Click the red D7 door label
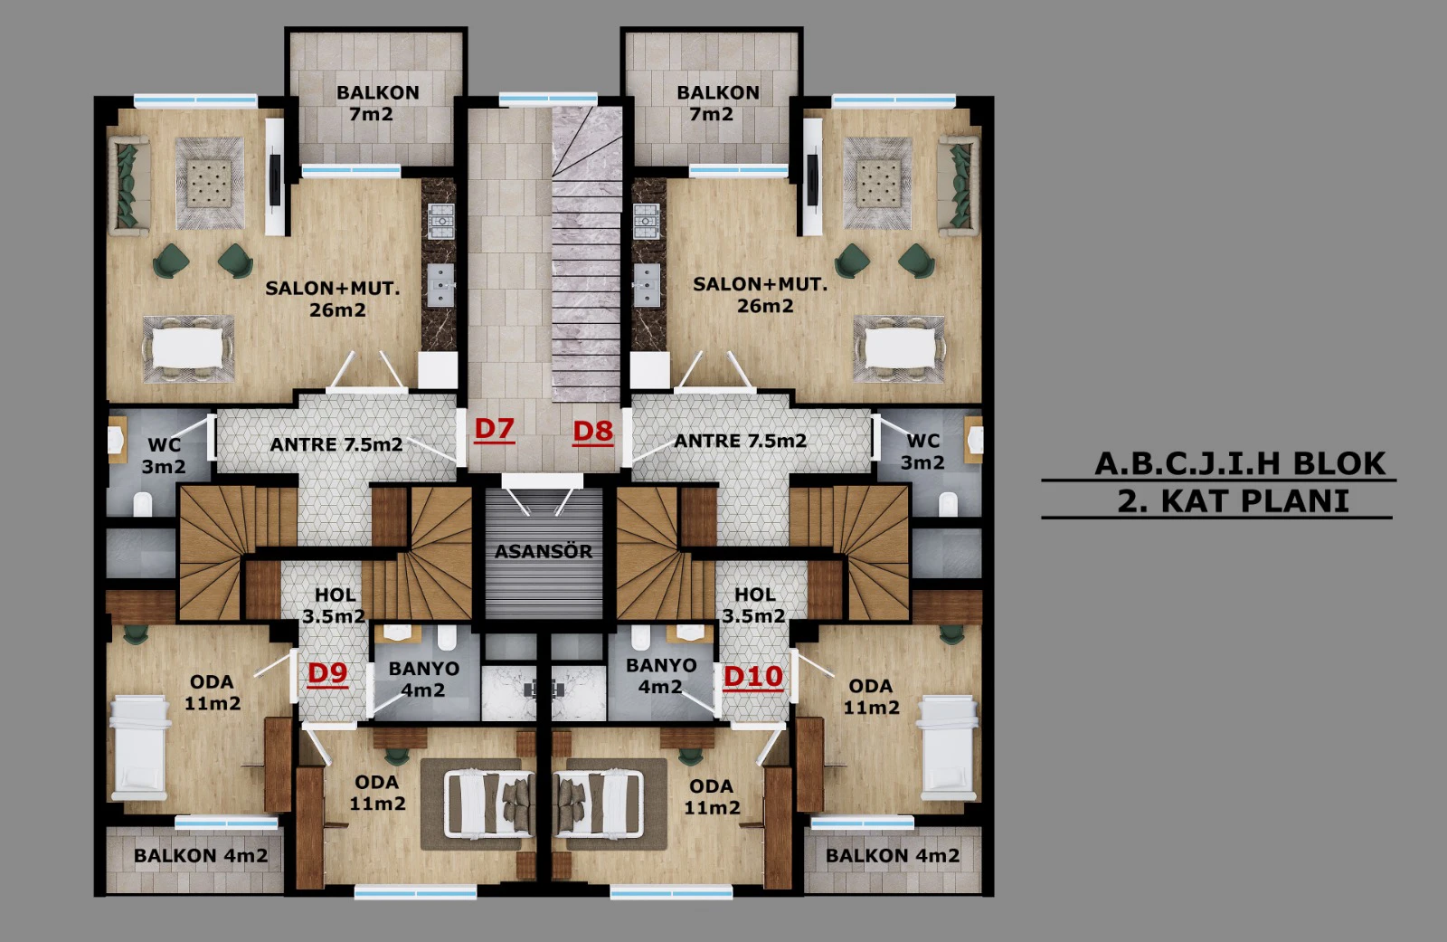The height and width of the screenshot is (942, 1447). point(494,429)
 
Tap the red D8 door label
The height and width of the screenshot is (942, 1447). point(593,432)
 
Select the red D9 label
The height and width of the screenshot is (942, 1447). point(327,673)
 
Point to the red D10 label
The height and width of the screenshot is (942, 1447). point(753,677)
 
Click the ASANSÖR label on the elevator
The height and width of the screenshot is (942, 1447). point(544,551)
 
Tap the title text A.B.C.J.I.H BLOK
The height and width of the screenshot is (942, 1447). point(1240,463)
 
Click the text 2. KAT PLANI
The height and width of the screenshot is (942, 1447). point(1234,501)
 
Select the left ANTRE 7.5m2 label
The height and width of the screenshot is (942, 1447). point(336,445)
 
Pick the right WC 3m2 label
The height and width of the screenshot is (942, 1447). point(922,452)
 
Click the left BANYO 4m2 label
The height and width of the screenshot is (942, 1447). point(424,679)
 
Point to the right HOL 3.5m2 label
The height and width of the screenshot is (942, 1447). point(754,605)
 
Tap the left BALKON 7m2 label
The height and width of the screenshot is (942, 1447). point(377,103)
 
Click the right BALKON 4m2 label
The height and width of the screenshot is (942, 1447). point(892,855)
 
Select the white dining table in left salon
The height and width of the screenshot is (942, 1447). point(187,349)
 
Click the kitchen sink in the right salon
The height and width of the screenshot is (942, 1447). point(646,285)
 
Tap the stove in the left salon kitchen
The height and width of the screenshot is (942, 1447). point(440,221)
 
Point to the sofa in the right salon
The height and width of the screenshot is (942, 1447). point(958,186)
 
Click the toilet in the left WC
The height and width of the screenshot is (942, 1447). point(143,504)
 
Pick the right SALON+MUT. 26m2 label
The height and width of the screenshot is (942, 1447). point(761,295)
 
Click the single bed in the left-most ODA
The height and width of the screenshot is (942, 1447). point(140,748)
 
